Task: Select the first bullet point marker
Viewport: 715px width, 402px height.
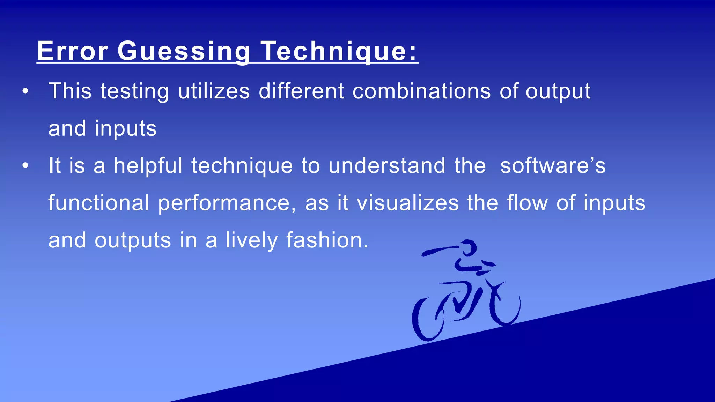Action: tap(25, 91)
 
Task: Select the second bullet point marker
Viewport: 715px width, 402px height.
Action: tap(25, 166)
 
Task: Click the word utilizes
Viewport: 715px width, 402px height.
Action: tap(214, 91)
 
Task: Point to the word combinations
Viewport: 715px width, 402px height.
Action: tap(421, 91)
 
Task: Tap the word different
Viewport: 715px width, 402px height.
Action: tap(301, 91)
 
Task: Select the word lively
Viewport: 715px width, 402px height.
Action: tap(251, 240)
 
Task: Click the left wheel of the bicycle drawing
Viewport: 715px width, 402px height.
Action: tap(428, 319)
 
